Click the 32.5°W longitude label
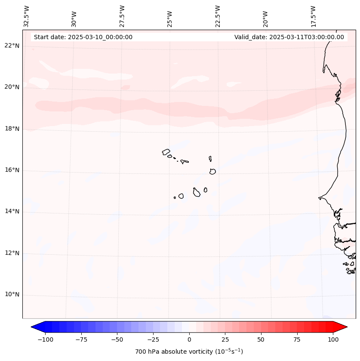[27, 16]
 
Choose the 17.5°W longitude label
[313, 16]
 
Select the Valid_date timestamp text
[289, 37]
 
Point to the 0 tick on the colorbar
[189, 340]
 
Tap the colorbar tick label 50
[261, 340]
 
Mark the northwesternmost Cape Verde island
[166, 152]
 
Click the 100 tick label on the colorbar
[333, 340]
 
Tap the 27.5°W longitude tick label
[122, 16]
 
